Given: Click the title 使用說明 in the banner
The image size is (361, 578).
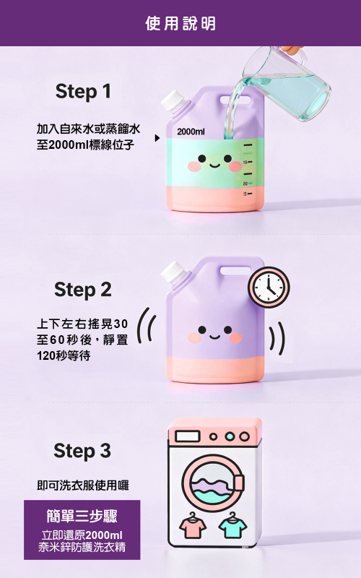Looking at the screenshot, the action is (180, 23).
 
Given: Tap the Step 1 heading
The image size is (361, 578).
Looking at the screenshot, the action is (83, 92).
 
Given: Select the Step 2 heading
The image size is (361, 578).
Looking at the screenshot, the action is (83, 290).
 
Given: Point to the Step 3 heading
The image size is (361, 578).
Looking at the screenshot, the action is (82, 451).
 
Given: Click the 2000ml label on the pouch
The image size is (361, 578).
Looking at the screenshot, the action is (191, 131).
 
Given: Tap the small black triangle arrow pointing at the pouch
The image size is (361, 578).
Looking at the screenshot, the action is (157, 138).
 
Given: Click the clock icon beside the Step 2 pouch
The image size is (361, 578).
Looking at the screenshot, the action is (269, 287).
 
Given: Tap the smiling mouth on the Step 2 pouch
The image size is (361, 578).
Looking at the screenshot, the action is (215, 336).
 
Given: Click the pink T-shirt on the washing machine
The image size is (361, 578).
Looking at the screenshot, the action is (193, 525).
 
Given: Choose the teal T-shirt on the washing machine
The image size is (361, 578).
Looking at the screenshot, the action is (232, 525).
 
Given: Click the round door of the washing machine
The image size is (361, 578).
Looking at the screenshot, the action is (213, 483).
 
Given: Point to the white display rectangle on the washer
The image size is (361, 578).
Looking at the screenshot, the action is (188, 436).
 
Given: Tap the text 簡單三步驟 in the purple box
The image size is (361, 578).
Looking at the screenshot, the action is (82, 516).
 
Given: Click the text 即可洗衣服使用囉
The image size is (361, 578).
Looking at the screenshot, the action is (83, 485).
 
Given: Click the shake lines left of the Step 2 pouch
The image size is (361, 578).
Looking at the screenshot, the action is (147, 326).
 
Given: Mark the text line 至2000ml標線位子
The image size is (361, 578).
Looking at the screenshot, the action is (85, 144).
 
